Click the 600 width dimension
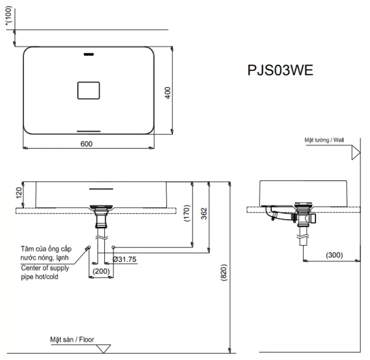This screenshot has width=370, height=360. point(87,143)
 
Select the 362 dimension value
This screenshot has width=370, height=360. point(204,213)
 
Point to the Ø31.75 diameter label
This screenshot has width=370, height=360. point(124,259)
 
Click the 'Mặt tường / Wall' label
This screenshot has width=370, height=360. point(324,139)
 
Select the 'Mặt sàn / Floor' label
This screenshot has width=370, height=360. point(72,340)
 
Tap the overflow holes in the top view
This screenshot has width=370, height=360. point(89,54)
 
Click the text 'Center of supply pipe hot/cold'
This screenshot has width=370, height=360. point(45,272)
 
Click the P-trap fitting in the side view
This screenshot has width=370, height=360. point(276,215)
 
